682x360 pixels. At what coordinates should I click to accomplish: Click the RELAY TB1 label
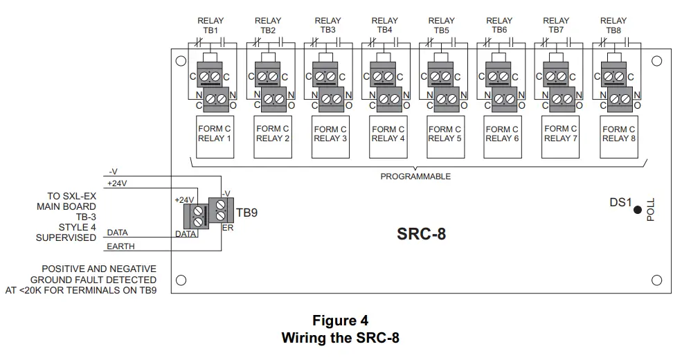210,26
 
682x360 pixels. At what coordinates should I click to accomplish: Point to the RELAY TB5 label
441,26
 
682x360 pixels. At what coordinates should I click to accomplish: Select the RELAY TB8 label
613,26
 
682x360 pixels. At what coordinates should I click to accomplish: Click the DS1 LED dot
638,210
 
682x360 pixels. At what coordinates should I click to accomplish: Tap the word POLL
650,208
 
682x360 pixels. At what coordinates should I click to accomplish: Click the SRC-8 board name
421,234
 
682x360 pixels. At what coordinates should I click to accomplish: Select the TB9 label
247,213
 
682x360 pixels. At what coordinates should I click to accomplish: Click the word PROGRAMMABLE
415,177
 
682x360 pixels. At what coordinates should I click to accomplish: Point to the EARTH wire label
121,246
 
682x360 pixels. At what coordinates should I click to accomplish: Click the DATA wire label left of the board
118,233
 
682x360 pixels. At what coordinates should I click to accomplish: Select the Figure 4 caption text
340,321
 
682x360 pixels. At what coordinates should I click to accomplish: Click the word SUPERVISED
66,237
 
